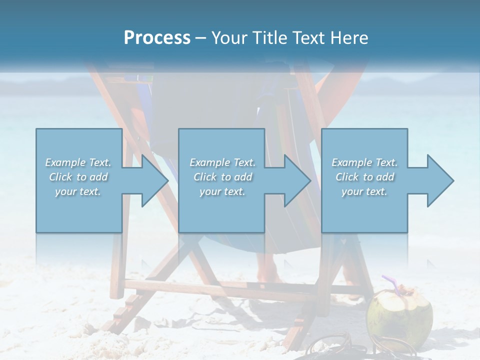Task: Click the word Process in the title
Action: tap(157, 38)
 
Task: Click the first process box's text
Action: tap(78, 177)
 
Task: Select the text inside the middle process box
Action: tap(222, 177)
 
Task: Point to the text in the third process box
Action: tap(364, 177)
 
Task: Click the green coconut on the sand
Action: tap(399, 315)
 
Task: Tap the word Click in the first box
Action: tap(60, 177)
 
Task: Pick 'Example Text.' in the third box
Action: tap(364, 162)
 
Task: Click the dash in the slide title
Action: tap(201, 38)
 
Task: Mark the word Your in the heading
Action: tap(227, 38)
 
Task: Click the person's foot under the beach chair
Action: tap(269, 272)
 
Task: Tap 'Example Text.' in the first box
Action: tap(78, 162)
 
